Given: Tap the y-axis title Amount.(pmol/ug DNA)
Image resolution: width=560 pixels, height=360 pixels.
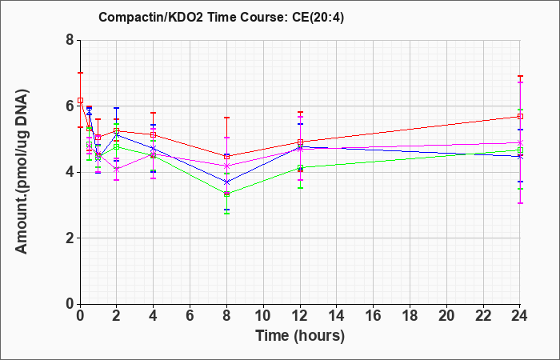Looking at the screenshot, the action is pyautogui.click(x=22, y=171).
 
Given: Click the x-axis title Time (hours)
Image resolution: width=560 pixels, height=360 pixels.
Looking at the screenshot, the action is pyautogui.click(x=300, y=336).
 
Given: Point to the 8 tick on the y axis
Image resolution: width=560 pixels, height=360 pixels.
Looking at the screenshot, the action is pyautogui.click(x=70, y=40).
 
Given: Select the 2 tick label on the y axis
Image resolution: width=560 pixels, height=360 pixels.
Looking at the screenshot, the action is pyautogui.click(x=70, y=238).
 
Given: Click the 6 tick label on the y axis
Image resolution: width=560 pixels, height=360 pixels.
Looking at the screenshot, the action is pyautogui.click(x=70, y=106).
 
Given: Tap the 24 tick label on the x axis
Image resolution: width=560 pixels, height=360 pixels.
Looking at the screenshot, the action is pyautogui.click(x=519, y=316).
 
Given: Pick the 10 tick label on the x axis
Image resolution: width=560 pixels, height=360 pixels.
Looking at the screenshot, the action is pyautogui.click(x=263, y=316).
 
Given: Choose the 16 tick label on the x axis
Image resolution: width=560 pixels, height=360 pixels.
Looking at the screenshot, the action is pyautogui.click(x=374, y=316).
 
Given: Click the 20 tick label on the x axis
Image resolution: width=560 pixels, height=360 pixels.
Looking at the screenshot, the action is pyautogui.click(x=446, y=316).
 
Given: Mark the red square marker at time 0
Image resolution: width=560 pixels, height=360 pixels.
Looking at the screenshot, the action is pyautogui.click(x=80, y=100).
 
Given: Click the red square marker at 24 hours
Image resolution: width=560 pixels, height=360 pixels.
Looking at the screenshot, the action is pyautogui.click(x=520, y=117).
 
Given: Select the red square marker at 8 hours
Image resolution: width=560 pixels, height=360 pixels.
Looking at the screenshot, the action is pyautogui.click(x=226, y=157).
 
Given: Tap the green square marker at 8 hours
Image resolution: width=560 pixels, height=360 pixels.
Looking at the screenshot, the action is pyautogui.click(x=226, y=194).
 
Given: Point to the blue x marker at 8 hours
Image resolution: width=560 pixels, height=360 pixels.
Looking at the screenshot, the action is pyautogui.click(x=226, y=182).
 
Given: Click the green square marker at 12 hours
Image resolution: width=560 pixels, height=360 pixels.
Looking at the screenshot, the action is pyautogui.click(x=300, y=167).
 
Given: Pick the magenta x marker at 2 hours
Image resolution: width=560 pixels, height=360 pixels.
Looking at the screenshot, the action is pyautogui.click(x=117, y=170).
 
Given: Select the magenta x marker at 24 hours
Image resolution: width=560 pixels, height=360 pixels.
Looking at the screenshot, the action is pyautogui.click(x=520, y=142).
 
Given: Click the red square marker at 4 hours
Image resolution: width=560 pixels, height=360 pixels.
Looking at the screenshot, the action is pyautogui.click(x=154, y=134).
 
